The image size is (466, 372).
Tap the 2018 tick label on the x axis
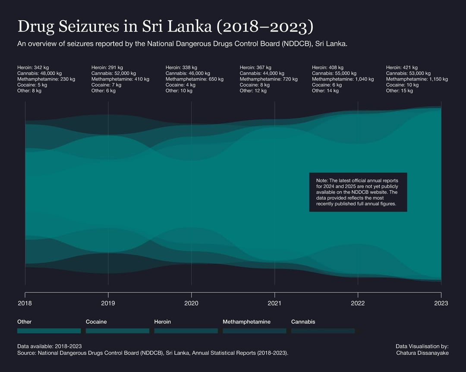pyautogui.click(x=25, y=303)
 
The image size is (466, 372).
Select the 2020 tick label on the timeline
pyautogui.click(x=191, y=303)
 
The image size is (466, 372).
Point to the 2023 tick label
pyautogui.click(x=441, y=303)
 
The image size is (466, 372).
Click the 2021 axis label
pyautogui.click(x=274, y=303)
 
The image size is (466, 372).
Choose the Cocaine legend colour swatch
pyautogui.click(x=117, y=331)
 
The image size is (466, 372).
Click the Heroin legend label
pyautogui.click(x=162, y=322)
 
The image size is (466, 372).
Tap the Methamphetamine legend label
pyautogui.click(x=246, y=322)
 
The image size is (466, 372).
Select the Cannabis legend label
pyautogui.click(x=303, y=322)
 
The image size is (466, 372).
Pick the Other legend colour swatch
pyautogui.click(x=49, y=331)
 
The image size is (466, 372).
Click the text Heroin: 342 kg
pyautogui.click(x=33, y=67)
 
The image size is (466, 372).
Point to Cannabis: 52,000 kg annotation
pyautogui.click(x=113, y=73)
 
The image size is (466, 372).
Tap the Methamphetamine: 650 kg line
pyautogui.click(x=194, y=79)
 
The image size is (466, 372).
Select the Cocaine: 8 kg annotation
pyautogui.click(x=255, y=85)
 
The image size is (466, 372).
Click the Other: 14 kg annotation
pyautogui.click(x=325, y=91)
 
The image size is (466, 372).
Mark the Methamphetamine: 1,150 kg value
pyautogui.click(x=417, y=79)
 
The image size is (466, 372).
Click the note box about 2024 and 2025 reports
pyautogui.click(x=358, y=192)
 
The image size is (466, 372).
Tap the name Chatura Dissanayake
pyautogui.click(x=422, y=353)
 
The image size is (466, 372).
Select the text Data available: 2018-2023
pyautogui.click(x=49, y=346)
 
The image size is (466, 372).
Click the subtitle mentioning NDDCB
pyautogui.click(x=182, y=44)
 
